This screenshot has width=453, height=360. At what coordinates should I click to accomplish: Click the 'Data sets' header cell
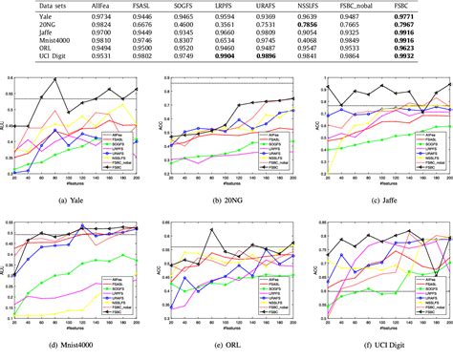point(32,6)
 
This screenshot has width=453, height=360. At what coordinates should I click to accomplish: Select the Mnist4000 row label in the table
point(35,43)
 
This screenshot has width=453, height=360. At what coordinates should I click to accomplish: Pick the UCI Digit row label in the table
point(34,61)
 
